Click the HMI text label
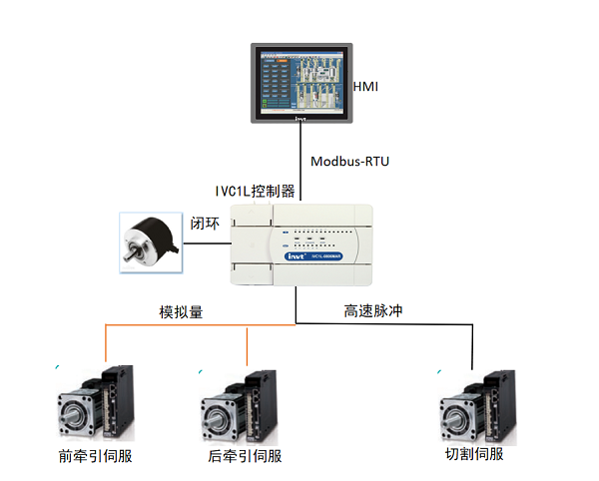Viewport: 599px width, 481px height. pyautogui.click(x=366, y=88)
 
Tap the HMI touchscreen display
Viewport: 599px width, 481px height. pyautogui.click(x=299, y=80)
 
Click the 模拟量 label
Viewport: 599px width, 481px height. pyautogui.click(x=182, y=311)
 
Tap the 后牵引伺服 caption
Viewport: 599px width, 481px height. pyautogui.click(x=240, y=457)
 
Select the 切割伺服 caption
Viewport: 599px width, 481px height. pyautogui.click(x=474, y=455)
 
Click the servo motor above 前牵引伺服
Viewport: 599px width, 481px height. pyautogui.click(x=95, y=404)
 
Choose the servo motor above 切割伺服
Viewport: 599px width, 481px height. pyautogui.click(x=477, y=405)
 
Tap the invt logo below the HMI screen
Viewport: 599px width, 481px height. pyautogui.click(x=300, y=120)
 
